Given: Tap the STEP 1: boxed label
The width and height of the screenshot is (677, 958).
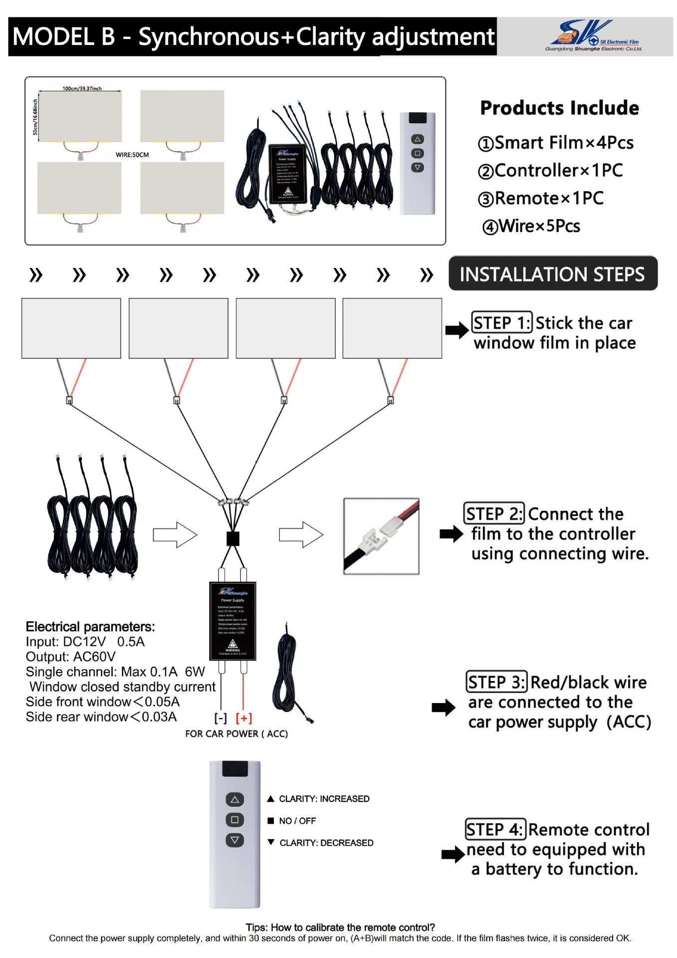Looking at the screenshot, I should pyautogui.click(x=502, y=323).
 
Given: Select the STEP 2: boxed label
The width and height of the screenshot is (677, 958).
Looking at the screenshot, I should pyautogui.click(x=494, y=513).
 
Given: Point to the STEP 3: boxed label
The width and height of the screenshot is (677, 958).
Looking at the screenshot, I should pyautogui.click(x=496, y=682).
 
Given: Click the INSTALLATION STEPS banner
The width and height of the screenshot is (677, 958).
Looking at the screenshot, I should pyautogui.click(x=552, y=274).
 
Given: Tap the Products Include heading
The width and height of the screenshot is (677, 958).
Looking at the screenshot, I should pyautogui.click(x=559, y=108).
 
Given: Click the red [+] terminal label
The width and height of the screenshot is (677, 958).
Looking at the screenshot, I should pyautogui.click(x=243, y=718).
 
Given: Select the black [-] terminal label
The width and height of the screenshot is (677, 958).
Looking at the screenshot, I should pyautogui.click(x=221, y=718).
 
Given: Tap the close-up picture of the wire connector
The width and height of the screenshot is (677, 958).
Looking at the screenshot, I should pyautogui.click(x=381, y=536).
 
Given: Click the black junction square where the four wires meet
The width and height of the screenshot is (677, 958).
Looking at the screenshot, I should pyautogui.click(x=233, y=538).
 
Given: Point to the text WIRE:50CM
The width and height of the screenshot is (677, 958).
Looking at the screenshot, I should pyautogui.click(x=132, y=155).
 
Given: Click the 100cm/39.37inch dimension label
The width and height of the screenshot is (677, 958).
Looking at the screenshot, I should pyautogui.click(x=82, y=89).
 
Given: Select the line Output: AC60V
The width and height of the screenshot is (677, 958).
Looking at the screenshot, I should pyautogui.click(x=71, y=657).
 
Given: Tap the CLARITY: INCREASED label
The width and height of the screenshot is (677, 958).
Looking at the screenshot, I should pyautogui.click(x=324, y=799).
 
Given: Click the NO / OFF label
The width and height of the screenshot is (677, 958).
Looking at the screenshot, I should pyautogui.click(x=297, y=821).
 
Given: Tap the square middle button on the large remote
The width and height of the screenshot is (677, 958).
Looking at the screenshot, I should pyautogui.click(x=234, y=820).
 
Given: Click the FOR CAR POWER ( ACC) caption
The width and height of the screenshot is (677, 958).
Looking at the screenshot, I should pyautogui.click(x=236, y=734).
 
